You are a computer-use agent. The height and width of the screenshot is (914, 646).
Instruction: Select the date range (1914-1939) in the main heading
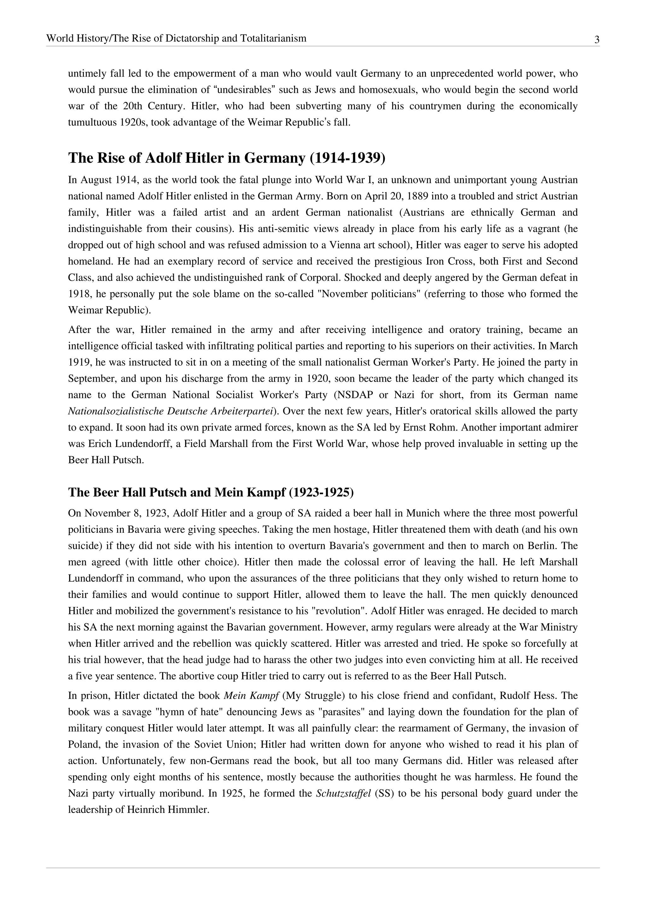coord(347,158)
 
